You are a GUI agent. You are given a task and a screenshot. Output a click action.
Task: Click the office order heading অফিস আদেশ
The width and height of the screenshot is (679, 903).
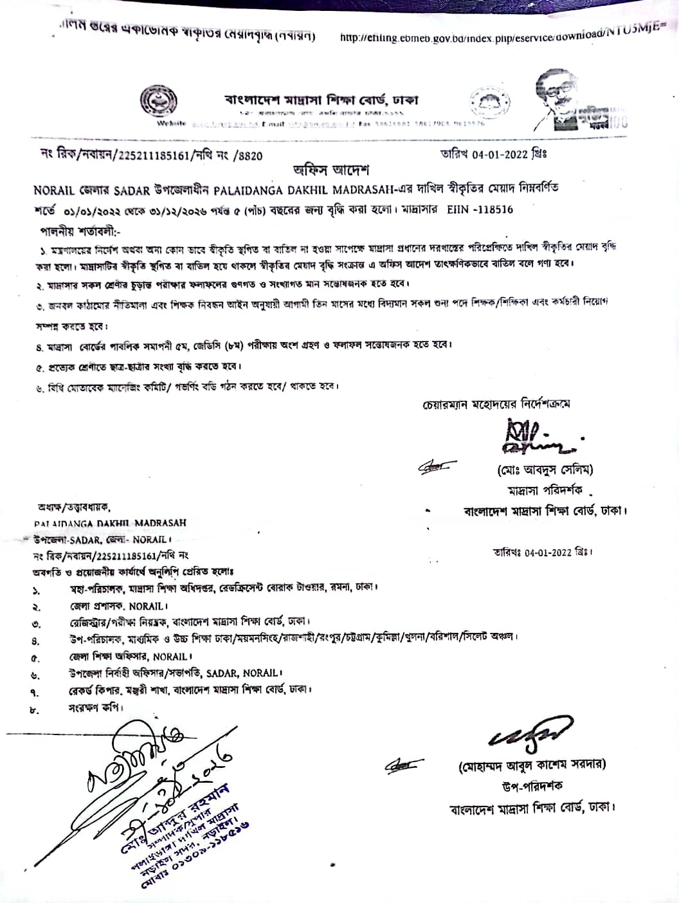click(330, 171)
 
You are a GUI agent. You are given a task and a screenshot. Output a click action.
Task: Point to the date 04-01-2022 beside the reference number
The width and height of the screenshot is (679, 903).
click(500, 154)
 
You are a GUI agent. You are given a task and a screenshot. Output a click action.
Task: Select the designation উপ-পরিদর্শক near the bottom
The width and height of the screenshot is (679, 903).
click(532, 786)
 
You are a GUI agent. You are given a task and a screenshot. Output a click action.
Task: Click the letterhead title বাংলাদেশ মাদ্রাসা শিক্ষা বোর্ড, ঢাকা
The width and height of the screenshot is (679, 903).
click(321, 100)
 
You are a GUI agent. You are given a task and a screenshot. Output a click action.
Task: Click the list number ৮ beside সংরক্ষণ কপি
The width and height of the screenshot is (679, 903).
click(35, 709)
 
